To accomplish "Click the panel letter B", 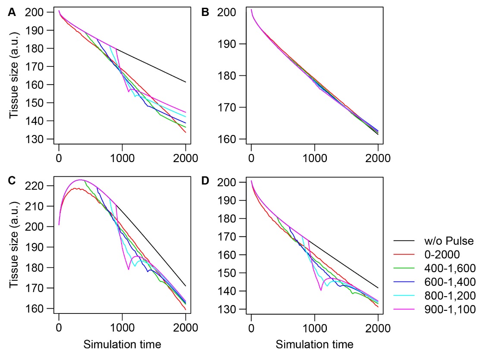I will click(x=206, y=13).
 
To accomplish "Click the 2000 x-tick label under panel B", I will click(x=378, y=158).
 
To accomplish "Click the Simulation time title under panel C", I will click(x=122, y=344).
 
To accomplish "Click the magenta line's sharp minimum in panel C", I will click(x=129, y=269).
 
